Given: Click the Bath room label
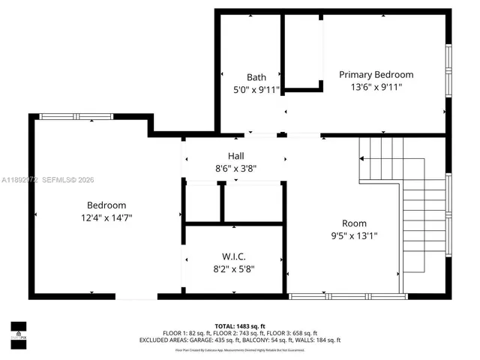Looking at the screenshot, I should click(x=256, y=77).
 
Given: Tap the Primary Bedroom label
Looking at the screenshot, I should click(x=376, y=74).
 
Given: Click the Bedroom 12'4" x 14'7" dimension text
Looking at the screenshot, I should click(x=106, y=217).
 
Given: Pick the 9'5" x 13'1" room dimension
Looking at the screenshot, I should click(x=354, y=235).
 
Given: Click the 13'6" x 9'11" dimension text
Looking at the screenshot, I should click(x=376, y=87).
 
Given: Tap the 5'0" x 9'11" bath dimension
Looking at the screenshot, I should click(x=256, y=90).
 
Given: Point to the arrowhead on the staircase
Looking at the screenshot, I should click(x=362, y=159).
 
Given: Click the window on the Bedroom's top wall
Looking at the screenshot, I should click(x=76, y=116).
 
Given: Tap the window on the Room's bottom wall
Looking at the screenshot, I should click(x=344, y=296).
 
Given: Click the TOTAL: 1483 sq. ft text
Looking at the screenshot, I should click(x=240, y=326).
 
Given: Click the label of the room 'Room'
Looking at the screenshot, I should click(x=354, y=223).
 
